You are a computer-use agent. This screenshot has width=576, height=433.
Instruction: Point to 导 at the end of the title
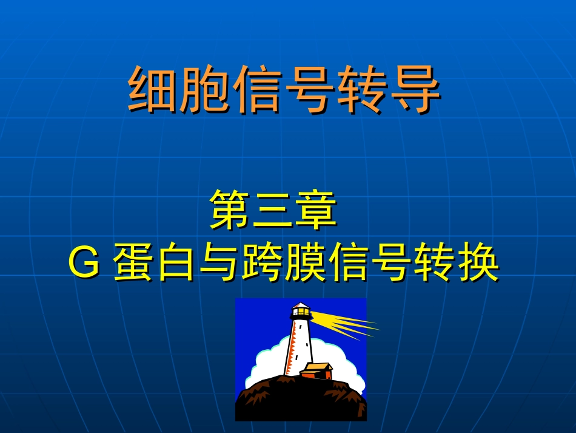point(415,90)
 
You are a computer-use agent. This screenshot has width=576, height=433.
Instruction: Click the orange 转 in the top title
point(363,90)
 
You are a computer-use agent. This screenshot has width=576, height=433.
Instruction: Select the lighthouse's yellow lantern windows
point(301,313)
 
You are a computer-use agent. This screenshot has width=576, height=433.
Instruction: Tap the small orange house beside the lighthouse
point(316,370)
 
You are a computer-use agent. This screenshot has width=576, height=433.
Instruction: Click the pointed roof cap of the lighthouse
point(300,304)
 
